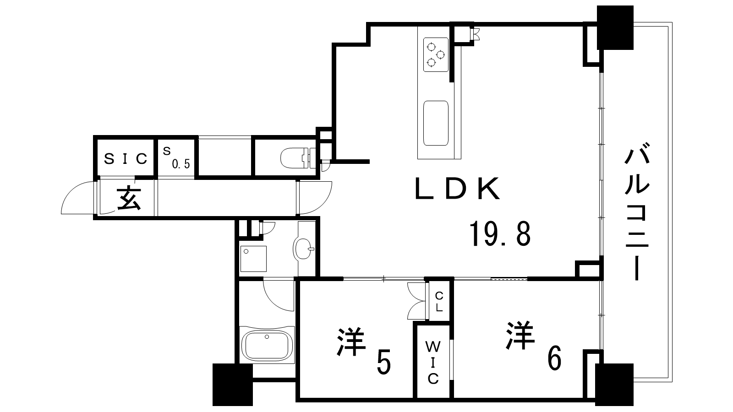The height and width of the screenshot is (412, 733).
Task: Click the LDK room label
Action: (x=457, y=189)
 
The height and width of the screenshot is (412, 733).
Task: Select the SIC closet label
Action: (x=126, y=158)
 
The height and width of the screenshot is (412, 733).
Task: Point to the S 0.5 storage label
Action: (x=176, y=157)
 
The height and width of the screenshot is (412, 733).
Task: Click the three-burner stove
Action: (x=435, y=54)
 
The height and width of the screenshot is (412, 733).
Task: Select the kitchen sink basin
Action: (x=436, y=123)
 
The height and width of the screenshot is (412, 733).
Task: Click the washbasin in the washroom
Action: (x=303, y=249)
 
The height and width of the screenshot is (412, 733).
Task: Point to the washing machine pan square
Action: (x=253, y=259)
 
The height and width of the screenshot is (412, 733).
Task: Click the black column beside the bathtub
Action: (x=233, y=385)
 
